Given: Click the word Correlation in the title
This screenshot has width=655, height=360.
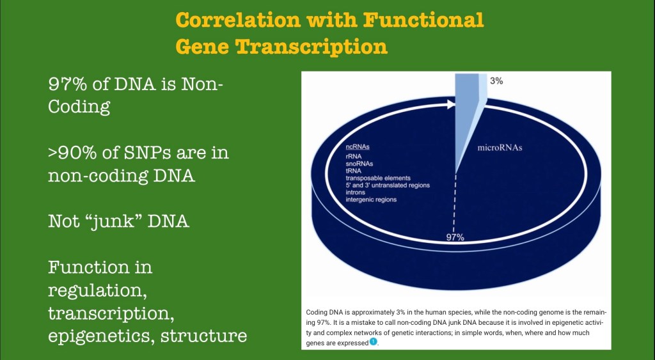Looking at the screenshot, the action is click(238, 20).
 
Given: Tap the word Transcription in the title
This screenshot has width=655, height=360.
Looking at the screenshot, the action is click(312, 46).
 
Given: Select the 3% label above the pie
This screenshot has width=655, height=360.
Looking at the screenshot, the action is click(496, 81).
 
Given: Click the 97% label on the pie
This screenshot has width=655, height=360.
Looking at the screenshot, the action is click(455, 237).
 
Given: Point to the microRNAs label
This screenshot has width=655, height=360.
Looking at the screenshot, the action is click(500, 148).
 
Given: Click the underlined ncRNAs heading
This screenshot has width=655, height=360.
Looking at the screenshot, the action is click(357, 147).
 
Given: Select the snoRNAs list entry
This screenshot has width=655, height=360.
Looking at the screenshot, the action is click(359, 164).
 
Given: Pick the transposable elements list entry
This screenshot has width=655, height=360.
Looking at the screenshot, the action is click(378, 178).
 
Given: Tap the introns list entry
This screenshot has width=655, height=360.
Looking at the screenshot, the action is click(356, 192).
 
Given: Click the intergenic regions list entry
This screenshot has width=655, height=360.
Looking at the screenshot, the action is click(371, 200).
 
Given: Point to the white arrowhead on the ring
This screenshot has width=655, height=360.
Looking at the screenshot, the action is click(451, 104).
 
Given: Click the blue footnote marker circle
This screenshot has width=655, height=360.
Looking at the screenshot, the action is click(374, 342).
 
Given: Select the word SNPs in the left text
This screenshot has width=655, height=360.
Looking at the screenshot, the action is click(148, 152).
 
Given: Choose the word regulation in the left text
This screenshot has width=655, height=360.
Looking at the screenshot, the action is click(97, 291).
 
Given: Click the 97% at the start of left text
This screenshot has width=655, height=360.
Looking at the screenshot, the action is click(68, 84).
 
